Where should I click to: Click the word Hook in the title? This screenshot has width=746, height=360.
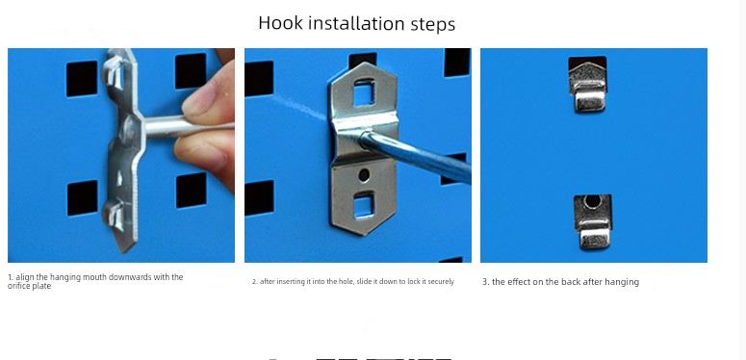(x=280, y=23)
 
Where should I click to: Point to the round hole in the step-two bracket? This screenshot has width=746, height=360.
(x=364, y=175)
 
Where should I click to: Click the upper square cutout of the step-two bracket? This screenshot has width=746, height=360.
(x=364, y=92)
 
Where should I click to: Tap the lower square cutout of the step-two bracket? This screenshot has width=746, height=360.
(x=364, y=206)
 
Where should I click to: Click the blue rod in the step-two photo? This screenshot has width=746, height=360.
(x=415, y=157)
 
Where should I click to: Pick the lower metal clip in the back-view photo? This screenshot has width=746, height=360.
(x=593, y=222)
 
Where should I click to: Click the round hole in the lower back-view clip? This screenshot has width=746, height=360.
(x=592, y=202)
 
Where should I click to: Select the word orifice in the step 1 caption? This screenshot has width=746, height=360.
(x=19, y=286)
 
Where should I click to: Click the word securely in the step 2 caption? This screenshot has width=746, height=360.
(x=441, y=281)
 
